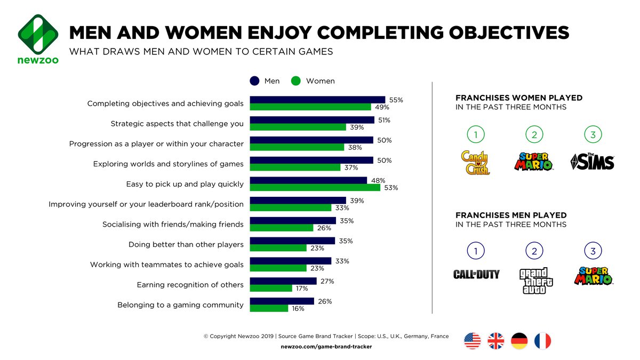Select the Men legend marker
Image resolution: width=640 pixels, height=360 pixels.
point(255,81)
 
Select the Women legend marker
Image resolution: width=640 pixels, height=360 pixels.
point(296,81)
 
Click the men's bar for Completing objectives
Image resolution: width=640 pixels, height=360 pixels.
point(317,100)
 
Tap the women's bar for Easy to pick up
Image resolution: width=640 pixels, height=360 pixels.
point(315,188)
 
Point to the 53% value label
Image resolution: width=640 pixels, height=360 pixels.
point(391,188)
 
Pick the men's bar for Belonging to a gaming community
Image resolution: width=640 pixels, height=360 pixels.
point(282,301)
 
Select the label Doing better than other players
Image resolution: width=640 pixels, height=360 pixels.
point(186,245)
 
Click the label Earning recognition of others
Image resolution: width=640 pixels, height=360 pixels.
point(190,285)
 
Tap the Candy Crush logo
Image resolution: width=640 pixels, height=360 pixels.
point(475,162)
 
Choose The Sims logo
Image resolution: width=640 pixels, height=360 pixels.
point(593,161)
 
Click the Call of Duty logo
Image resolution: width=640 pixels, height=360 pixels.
point(476,275)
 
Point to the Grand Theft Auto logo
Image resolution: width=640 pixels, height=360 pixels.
point(535,281)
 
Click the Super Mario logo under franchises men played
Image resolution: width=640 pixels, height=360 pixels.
point(594,276)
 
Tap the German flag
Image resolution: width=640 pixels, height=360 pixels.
point(519,341)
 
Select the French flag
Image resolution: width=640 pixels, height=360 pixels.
point(543,341)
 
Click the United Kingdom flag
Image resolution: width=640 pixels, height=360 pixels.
point(496,341)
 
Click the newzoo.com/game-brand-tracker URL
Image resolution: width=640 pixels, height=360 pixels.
point(326,347)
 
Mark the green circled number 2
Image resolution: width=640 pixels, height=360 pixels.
point(534,135)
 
